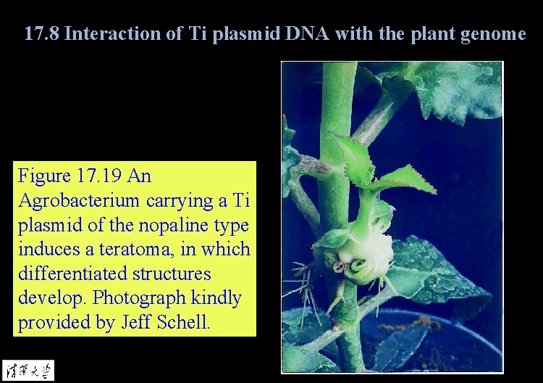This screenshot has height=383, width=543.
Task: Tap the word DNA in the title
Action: pyautogui.click(x=298, y=33)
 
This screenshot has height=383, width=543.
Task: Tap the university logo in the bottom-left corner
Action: pyautogui.click(x=28, y=370)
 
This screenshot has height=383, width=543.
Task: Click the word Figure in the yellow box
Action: pyautogui.click(x=44, y=176)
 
